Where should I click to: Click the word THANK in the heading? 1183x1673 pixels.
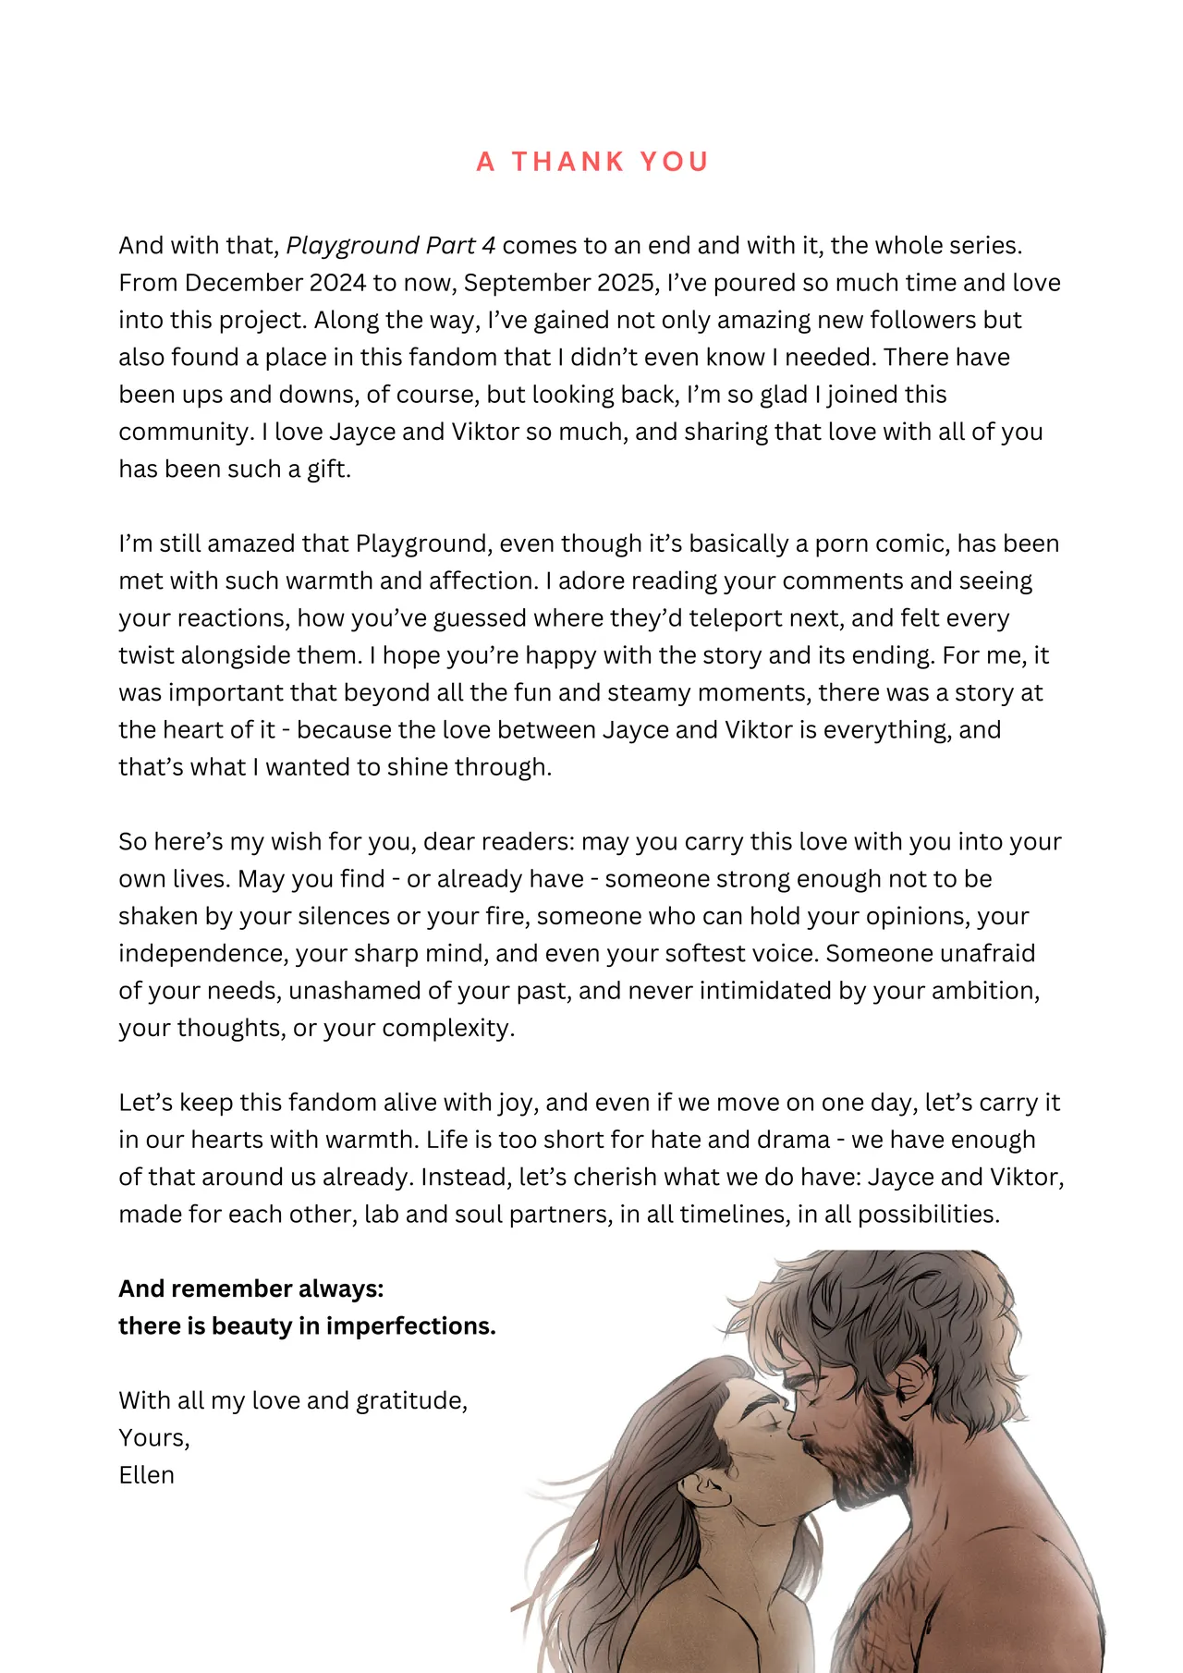click(567, 162)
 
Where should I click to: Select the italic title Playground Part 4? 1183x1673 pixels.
click(390, 246)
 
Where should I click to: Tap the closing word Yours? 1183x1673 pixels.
click(153, 1438)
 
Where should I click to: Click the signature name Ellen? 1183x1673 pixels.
click(146, 1475)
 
